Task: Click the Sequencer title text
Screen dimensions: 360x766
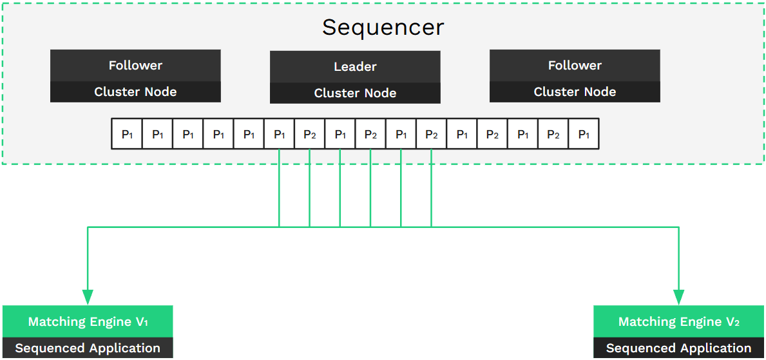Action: coord(383,27)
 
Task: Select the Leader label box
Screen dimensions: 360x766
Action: coord(355,67)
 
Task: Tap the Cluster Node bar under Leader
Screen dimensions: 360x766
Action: coord(355,93)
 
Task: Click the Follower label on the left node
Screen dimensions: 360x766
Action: coord(135,66)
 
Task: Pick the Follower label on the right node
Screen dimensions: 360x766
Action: coord(575,66)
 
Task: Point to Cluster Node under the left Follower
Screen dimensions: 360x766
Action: coord(135,92)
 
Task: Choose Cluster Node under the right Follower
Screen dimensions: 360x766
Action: coord(575,92)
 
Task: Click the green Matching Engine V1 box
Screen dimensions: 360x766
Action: coord(88,321)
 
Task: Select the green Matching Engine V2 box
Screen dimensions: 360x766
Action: coord(679,321)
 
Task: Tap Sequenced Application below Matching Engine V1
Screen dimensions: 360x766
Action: coord(88,348)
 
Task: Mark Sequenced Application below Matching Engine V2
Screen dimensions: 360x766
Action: coord(679,348)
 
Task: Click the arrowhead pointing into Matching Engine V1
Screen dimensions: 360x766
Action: coord(88,297)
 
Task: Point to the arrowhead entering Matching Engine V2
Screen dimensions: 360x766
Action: coord(678,297)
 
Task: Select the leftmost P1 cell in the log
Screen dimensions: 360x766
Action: coord(127,135)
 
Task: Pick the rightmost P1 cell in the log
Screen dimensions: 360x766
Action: coord(584,135)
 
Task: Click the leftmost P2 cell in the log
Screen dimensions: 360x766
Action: coord(310,135)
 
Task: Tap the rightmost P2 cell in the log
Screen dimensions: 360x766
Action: coord(553,135)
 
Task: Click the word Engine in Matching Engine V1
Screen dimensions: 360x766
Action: coord(110,321)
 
